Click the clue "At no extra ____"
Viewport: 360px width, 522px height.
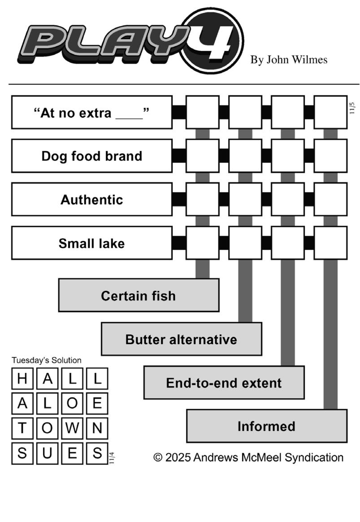tap(91, 112)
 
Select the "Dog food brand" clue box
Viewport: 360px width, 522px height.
tap(91, 156)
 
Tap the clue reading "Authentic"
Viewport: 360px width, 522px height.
tap(91, 199)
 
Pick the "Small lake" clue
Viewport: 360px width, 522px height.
tap(91, 243)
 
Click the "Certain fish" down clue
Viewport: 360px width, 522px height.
tap(139, 296)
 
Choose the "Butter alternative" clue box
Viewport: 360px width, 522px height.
tap(181, 339)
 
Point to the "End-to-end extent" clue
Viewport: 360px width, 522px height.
tap(224, 383)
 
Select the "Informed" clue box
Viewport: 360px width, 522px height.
tap(266, 426)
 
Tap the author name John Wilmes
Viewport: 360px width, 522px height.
tap(289, 60)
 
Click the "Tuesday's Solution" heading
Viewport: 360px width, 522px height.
tap(47, 360)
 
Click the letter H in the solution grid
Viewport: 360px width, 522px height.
tap(22, 379)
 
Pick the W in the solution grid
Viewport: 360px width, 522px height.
tap(72, 428)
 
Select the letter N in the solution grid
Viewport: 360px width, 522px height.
tap(97, 428)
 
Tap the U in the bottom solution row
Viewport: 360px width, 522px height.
tap(47, 453)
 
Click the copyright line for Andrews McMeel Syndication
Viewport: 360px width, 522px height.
tap(248, 457)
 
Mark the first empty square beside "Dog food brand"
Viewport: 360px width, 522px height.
tap(202, 156)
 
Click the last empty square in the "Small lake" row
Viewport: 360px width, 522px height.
tap(330, 243)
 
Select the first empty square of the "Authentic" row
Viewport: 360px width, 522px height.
tap(202, 199)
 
